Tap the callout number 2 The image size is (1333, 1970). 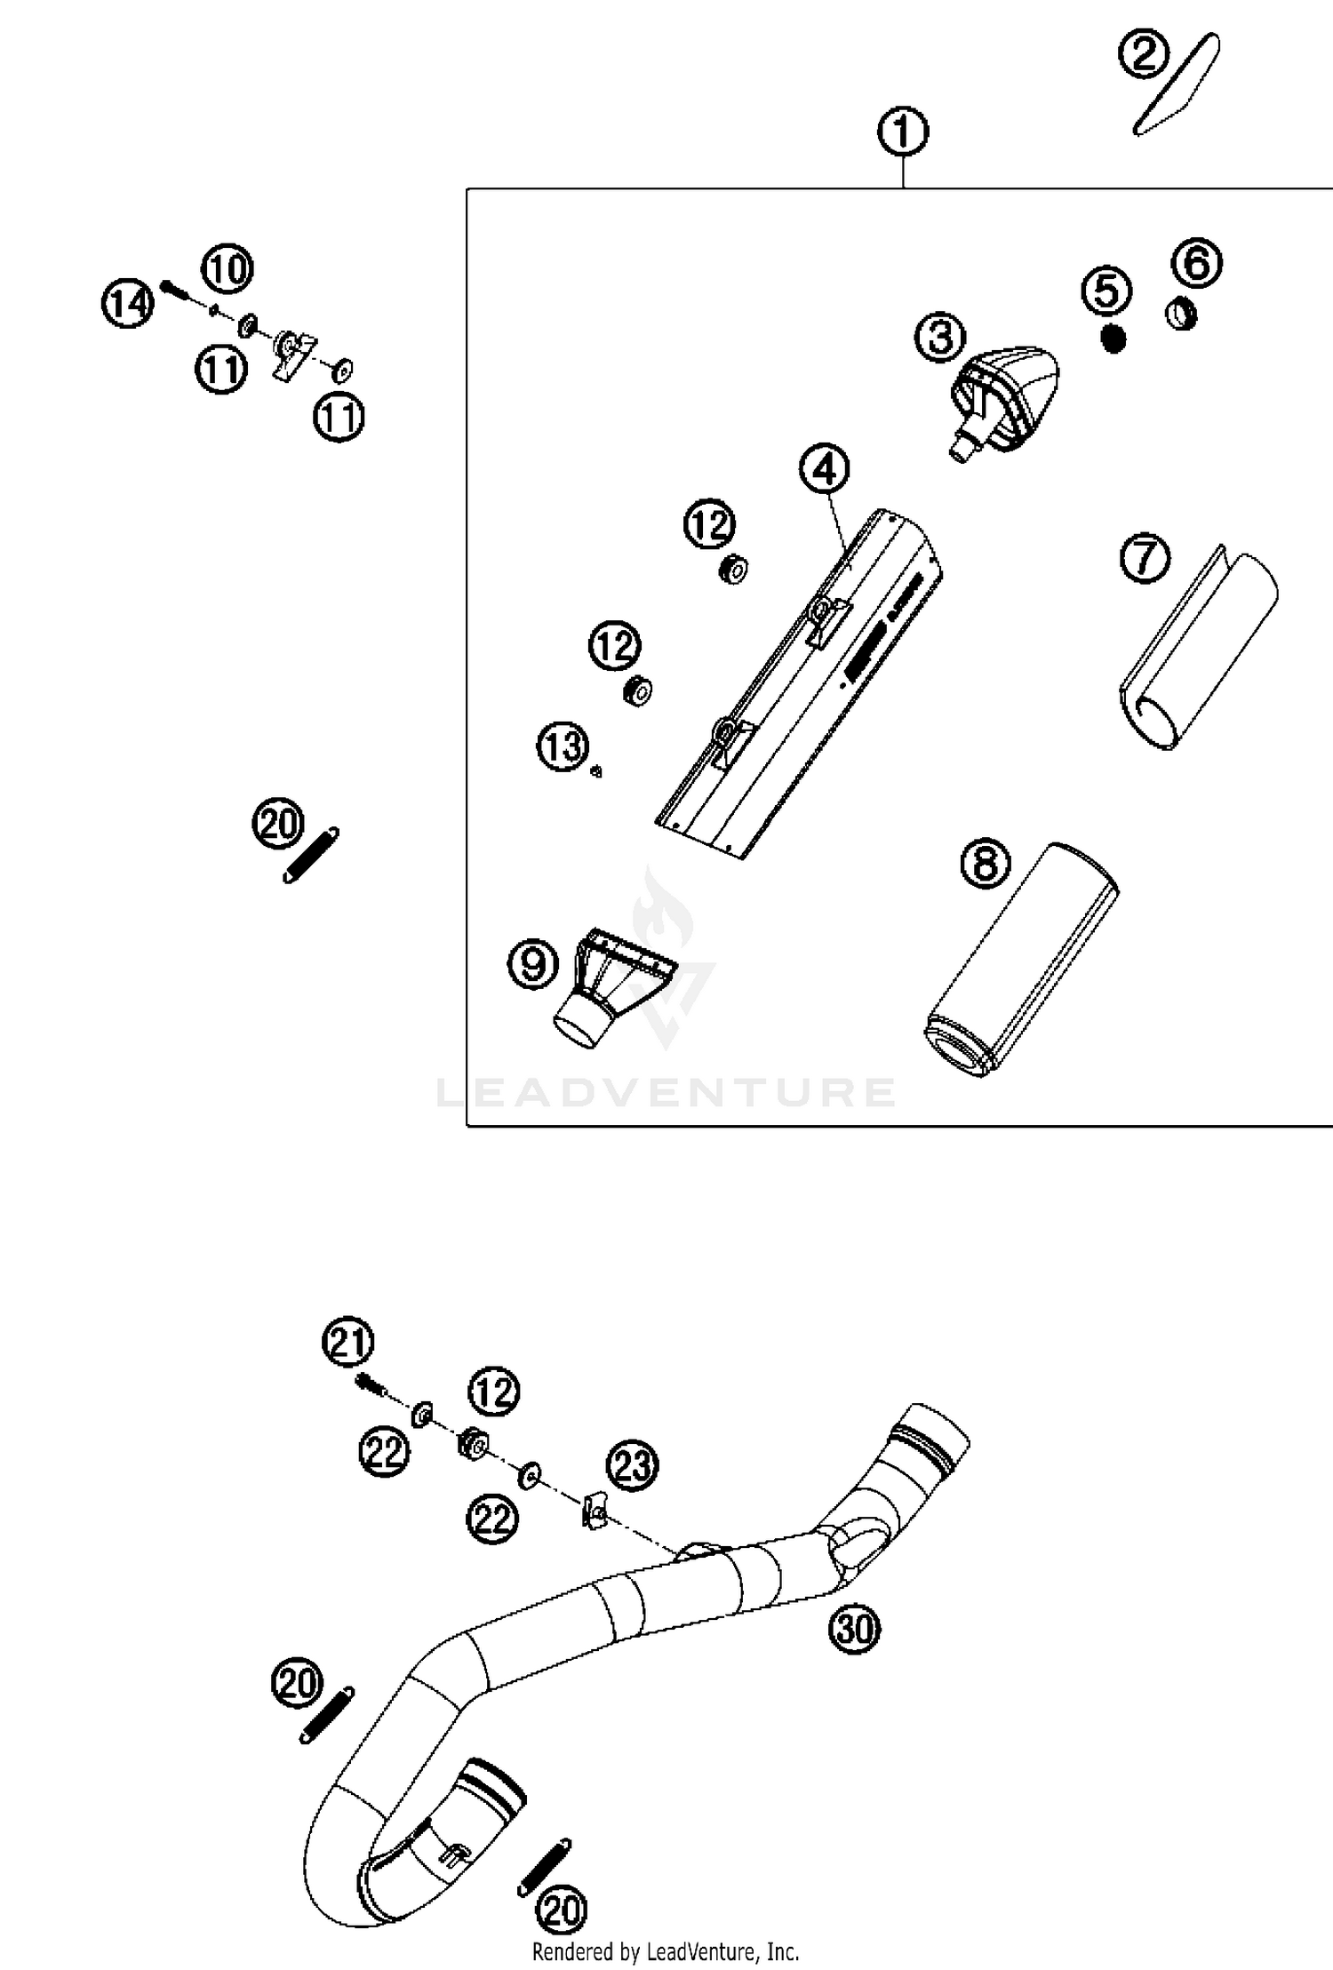(1144, 55)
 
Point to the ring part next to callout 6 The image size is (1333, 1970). (1181, 314)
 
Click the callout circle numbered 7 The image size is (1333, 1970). (1145, 559)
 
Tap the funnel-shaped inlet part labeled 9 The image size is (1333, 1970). (607, 988)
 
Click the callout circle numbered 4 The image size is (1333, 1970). (825, 468)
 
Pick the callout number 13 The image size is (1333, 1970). (563, 746)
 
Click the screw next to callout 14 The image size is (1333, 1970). (176, 289)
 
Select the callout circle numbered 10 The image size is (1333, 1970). (228, 269)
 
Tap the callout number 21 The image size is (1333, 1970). (347, 1342)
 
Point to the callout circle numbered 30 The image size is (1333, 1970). (854, 1629)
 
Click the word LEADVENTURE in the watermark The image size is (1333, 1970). (666, 1092)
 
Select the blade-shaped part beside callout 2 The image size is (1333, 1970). (1177, 85)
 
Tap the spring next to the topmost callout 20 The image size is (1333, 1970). (310, 856)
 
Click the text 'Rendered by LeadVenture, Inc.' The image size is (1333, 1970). (666, 1952)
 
